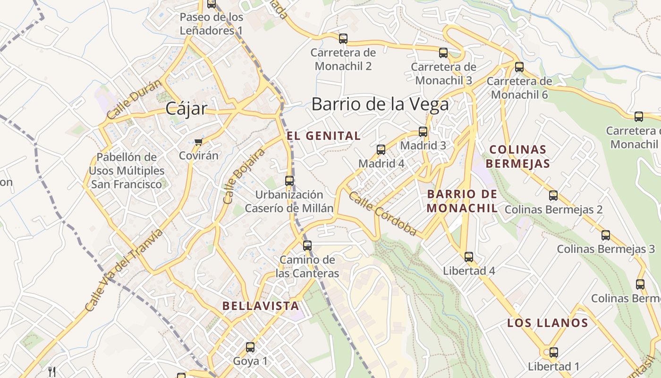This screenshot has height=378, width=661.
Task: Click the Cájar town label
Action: point(186,109)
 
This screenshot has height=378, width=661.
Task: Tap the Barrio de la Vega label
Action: point(380,104)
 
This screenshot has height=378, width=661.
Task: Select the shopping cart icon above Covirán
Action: point(199,142)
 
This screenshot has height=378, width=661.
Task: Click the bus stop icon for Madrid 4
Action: point(381,150)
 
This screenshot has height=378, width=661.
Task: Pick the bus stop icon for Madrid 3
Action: point(423,132)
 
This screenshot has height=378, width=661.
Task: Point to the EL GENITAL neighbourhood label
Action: point(323,136)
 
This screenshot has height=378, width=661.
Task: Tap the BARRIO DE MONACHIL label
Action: point(462,201)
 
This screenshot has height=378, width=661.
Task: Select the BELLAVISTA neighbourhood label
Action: point(261,306)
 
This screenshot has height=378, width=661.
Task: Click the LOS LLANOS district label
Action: point(547,323)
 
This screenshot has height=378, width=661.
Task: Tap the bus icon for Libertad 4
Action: point(469,257)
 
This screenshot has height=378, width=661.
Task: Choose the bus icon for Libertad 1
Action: point(553,352)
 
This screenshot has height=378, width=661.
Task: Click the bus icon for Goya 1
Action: point(250,347)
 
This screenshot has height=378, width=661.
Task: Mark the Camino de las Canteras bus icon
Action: point(307,246)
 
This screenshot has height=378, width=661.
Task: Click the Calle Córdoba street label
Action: point(382,213)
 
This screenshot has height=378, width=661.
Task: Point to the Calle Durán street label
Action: point(134,100)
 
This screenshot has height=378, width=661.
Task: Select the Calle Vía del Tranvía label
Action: point(124,270)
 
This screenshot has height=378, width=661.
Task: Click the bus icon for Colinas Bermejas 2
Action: point(553,195)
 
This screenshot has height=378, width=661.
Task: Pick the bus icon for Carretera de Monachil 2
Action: point(343,39)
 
